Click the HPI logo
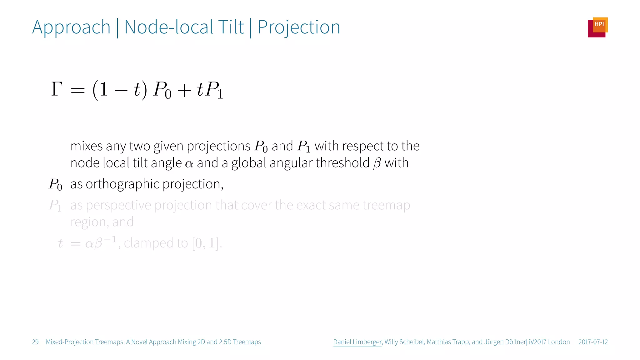(597, 27)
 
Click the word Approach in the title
(71, 27)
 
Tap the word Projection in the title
(298, 27)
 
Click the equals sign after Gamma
(77, 91)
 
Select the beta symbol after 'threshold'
(377, 163)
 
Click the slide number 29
(35, 342)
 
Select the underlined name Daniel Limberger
(357, 342)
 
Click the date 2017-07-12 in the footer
(593, 342)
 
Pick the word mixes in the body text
(87, 146)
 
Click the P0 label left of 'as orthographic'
(55, 184)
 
